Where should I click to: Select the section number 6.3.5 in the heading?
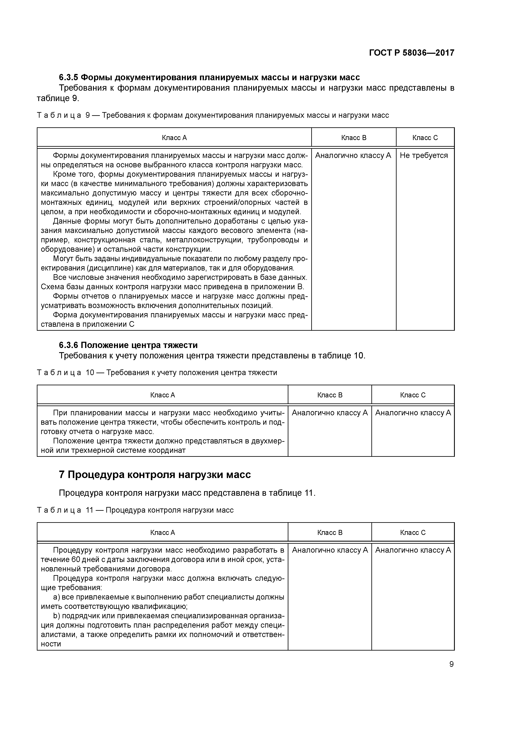click(69, 77)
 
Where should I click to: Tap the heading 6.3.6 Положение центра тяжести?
click(128, 345)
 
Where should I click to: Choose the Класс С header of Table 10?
click(413, 395)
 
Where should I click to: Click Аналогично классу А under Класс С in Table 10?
click(413, 413)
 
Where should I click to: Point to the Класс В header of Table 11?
click(330, 533)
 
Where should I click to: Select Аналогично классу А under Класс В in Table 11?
click(330, 550)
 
